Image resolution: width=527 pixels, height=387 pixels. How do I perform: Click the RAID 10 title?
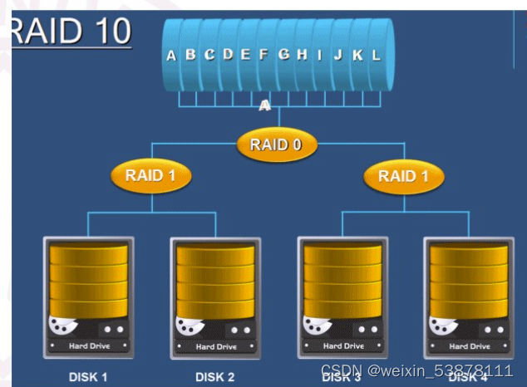coord(71,31)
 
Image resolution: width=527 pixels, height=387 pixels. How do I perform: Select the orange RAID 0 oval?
coord(278,145)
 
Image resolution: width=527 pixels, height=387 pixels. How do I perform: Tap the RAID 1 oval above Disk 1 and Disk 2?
coord(150,175)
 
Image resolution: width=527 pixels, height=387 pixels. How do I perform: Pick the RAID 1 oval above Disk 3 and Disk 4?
coord(403,175)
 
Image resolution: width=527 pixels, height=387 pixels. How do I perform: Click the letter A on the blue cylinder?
coord(171,56)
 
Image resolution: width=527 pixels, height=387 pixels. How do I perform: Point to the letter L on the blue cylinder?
coord(376,56)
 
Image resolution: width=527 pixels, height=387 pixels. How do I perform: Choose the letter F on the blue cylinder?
coord(263,55)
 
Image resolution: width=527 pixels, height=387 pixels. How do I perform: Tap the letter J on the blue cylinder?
coord(338,56)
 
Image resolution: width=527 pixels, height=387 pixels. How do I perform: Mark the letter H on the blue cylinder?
coord(302,55)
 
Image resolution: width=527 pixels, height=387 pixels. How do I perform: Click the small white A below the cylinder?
coord(264,105)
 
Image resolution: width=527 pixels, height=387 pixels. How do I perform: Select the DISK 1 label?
coord(88,377)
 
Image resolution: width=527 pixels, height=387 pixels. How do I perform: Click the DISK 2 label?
coord(214,377)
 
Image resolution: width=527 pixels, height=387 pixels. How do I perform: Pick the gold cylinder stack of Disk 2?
coord(214,282)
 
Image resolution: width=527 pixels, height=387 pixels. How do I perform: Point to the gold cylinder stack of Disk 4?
coord(468,282)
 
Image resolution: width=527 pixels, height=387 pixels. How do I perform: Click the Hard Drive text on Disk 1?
coord(89,345)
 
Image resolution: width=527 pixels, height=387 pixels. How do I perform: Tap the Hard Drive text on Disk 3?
coord(342,345)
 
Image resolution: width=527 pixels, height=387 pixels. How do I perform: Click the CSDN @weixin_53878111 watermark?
coord(416,370)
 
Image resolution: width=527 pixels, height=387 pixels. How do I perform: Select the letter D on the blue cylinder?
coord(227,55)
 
